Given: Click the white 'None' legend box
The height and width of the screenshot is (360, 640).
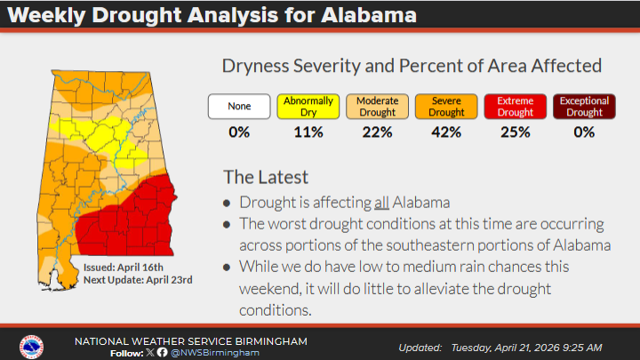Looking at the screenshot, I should pyautogui.click(x=238, y=107).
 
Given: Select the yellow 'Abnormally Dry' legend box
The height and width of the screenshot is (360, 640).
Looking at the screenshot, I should pyautogui.click(x=308, y=107).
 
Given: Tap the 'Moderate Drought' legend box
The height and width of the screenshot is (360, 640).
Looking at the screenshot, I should pyautogui.click(x=377, y=107).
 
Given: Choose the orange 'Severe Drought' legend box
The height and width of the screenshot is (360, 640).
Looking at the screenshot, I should pyautogui.click(x=446, y=107).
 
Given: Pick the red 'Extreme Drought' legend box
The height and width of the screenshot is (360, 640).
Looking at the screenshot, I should pyautogui.click(x=515, y=107).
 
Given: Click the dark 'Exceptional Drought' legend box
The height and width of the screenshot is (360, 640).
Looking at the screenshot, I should pyautogui.click(x=584, y=107).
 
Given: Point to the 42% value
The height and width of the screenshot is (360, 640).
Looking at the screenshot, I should pyautogui.click(x=446, y=132).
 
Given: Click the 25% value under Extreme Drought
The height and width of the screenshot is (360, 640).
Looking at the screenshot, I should pyautogui.click(x=515, y=132).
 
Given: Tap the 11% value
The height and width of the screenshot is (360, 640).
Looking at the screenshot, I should pyautogui.click(x=308, y=132).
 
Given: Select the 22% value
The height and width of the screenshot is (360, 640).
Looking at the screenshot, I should pyautogui.click(x=377, y=132).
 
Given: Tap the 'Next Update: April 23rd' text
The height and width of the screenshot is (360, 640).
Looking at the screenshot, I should pyautogui.click(x=138, y=280).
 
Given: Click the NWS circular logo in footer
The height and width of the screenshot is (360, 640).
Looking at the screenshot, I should pyautogui.click(x=31, y=346).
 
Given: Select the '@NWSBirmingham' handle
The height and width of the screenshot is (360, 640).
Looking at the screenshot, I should pyautogui.click(x=213, y=352).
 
